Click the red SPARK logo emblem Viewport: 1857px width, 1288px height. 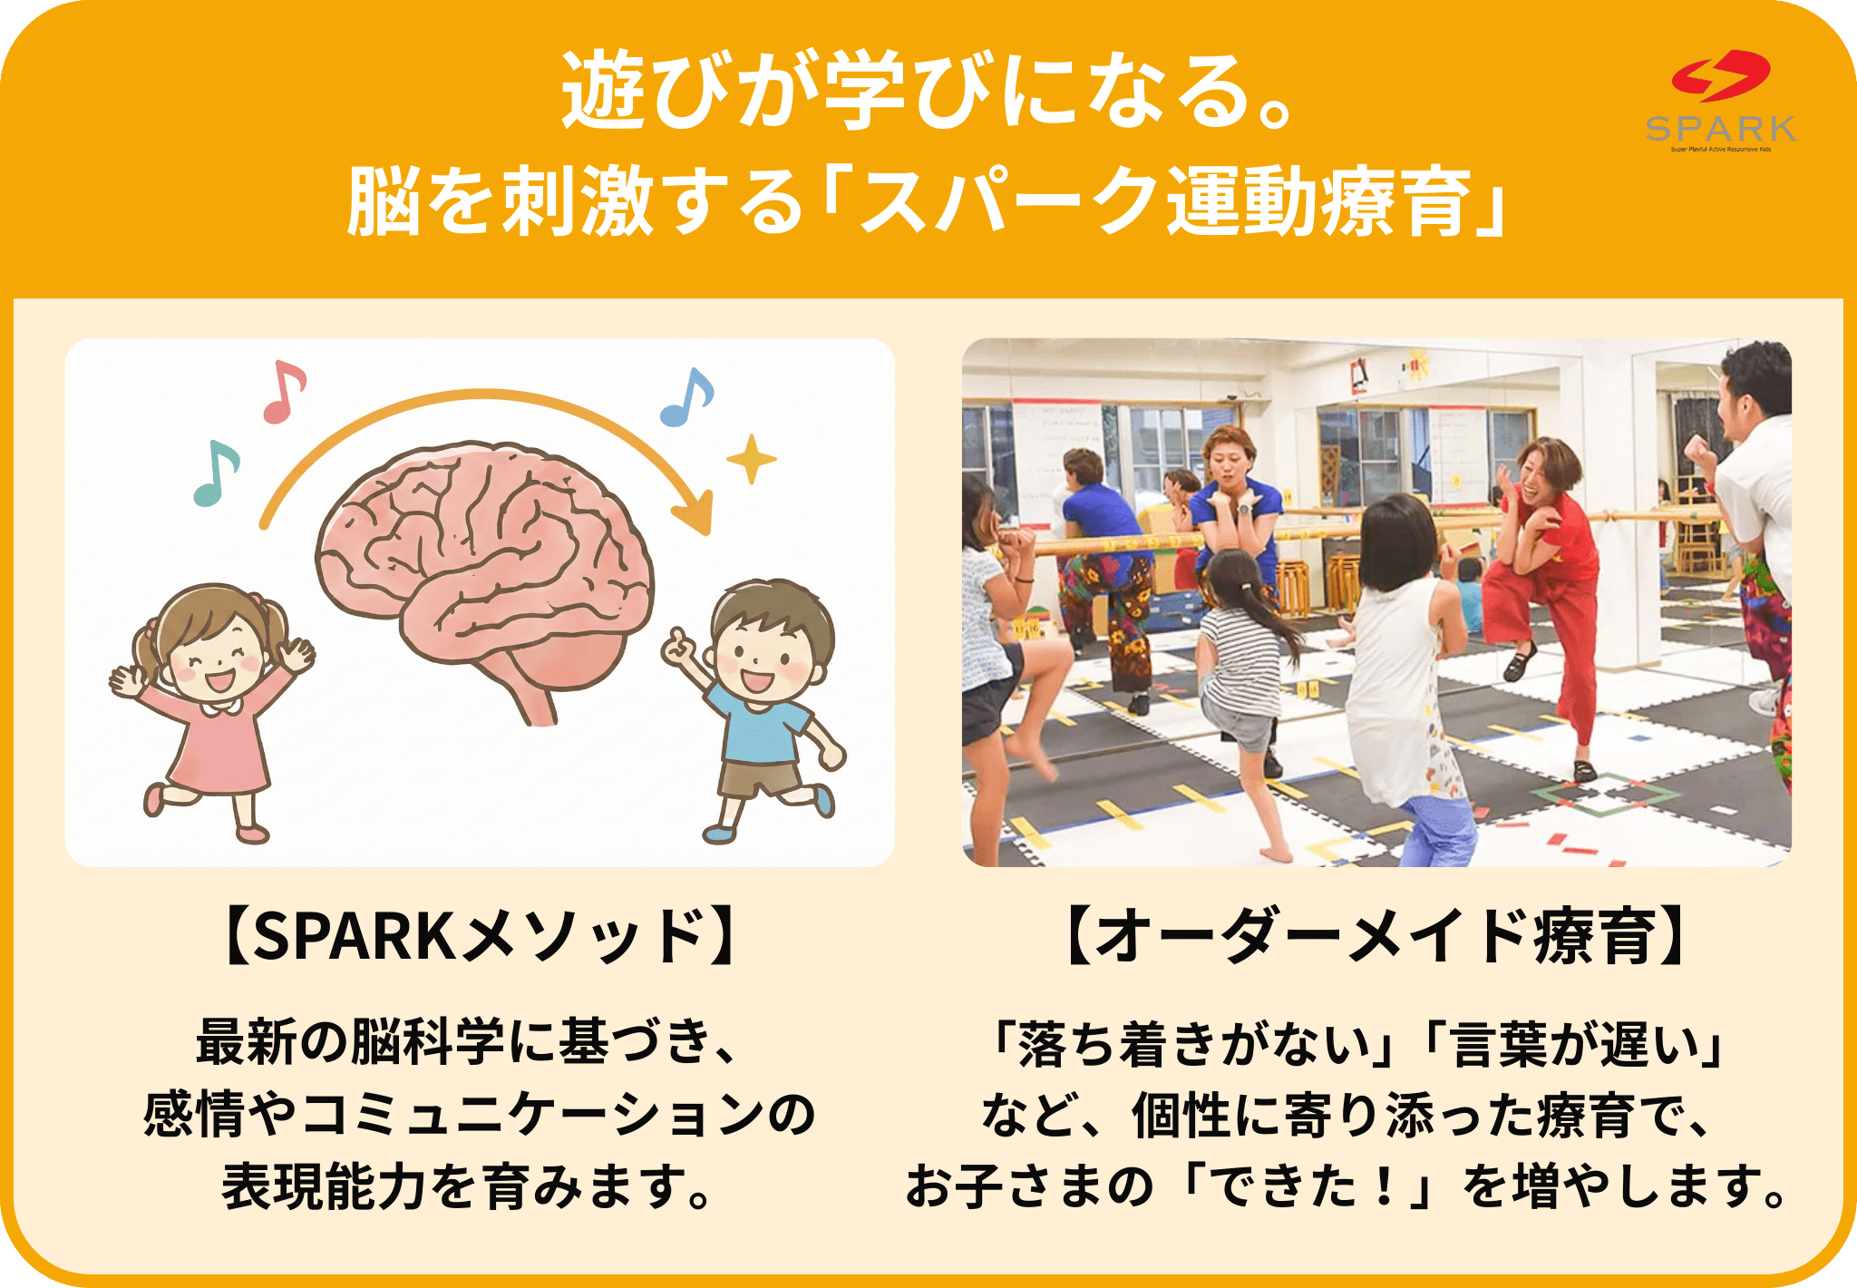[x=1721, y=75]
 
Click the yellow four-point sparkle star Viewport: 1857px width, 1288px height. [x=752, y=459]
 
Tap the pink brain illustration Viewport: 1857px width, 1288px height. [x=485, y=571]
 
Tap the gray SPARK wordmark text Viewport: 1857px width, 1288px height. [x=1721, y=129]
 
